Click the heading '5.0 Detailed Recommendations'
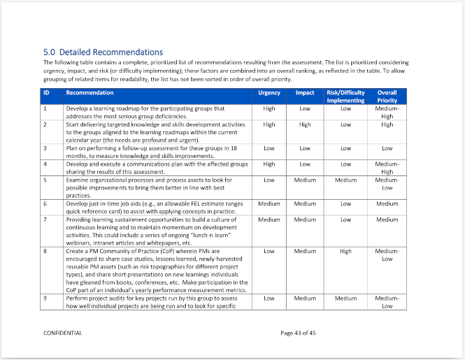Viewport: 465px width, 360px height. click(x=103, y=52)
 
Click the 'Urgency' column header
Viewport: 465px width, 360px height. click(x=269, y=93)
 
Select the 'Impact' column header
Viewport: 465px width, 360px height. click(x=305, y=93)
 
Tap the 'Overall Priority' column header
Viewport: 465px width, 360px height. click(x=387, y=96)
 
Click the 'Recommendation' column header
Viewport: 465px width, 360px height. click(x=90, y=93)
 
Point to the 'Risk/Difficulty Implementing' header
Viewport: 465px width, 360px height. click(x=345, y=96)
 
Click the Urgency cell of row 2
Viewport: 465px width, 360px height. click(x=269, y=124)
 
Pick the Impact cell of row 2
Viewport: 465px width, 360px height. click(x=305, y=124)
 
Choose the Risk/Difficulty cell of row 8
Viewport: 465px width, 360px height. click(x=345, y=251)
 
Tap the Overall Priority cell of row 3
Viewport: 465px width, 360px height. click(x=387, y=148)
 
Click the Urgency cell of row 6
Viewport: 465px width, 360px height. click(x=269, y=203)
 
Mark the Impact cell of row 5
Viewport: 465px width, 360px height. click(x=305, y=180)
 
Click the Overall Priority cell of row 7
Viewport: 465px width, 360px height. click(x=387, y=219)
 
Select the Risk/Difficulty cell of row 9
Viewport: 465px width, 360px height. click(x=345, y=298)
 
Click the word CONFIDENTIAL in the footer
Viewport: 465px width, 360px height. click(x=63, y=333)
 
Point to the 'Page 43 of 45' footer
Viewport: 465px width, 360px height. click(x=298, y=333)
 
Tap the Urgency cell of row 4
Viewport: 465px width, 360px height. click(x=269, y=164)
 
